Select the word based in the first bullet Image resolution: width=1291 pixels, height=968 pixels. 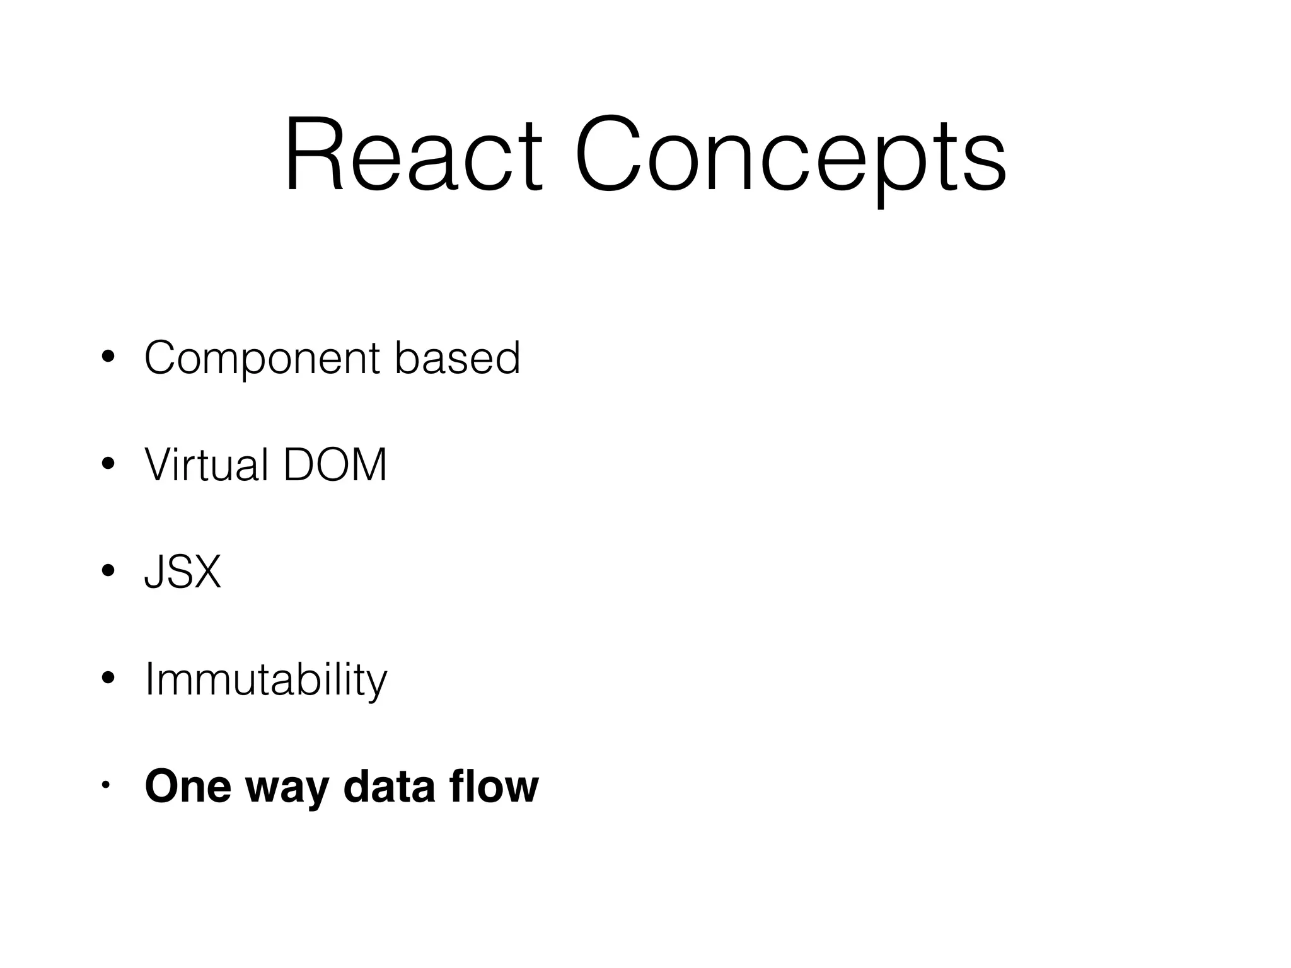(x=458, y=357)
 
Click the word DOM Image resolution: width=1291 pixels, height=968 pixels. (x=335, y=465)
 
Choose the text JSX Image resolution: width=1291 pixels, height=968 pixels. (x=183, y=572)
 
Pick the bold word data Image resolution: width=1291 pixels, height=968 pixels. (x=389, y=786)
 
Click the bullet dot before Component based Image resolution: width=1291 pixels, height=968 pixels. (x=108, y=357)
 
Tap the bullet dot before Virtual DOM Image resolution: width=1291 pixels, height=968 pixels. (x=108, y=464)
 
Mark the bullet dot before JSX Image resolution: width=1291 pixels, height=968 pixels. (x=108, y=572)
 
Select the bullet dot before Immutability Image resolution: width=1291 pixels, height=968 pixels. (x=108, y=679)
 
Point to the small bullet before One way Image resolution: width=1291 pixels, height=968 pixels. (x=106, y=785)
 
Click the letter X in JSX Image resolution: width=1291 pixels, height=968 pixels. (x=204, y=572)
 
